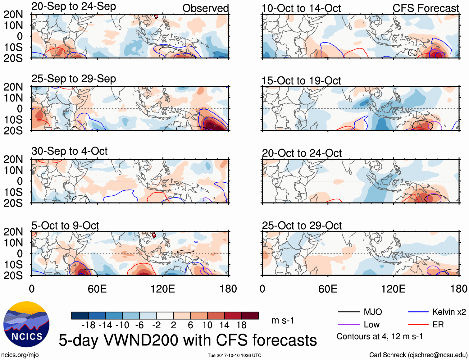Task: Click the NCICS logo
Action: click(x=26, y=324)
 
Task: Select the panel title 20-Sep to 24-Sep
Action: click(x=74, y=6)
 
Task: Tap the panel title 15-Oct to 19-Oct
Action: click(x=301, y=81)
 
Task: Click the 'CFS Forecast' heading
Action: click(x=426, y=8)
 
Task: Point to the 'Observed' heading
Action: click(x=205, y=8)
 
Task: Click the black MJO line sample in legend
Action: click(x=348, y=312)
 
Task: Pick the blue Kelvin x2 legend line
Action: click(x=418, y=312)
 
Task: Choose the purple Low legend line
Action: click(x=348, y=325)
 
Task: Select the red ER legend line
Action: click(x=418, y=325)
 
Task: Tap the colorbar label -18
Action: click(x=88, y=325)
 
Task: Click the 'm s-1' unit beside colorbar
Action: click(x=283, y=320)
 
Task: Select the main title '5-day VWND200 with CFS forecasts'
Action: click(x=188, y=340)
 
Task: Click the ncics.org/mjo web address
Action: click(x=20, y=355)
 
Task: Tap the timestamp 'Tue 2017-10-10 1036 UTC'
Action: click(x=234, y=355)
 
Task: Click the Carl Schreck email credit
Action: click(x=418, y=355)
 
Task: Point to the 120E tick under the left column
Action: click(x=163, y=289)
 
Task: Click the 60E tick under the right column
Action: click(x=328, y=289)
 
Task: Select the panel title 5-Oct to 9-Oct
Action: click(x=65, y=226)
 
